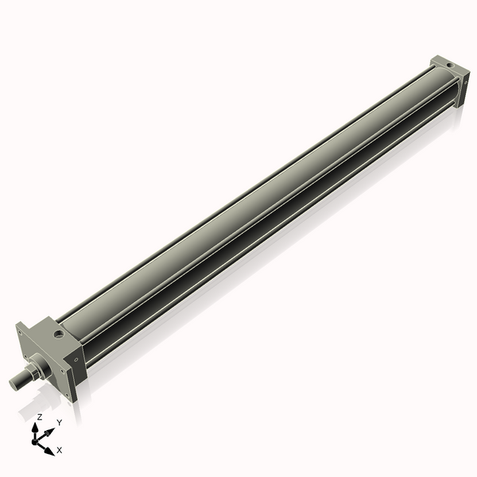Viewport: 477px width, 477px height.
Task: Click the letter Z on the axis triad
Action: pos(40,417)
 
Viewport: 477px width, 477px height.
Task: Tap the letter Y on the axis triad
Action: pos(59,422)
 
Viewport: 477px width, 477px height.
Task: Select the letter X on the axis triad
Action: pos(60,450)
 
